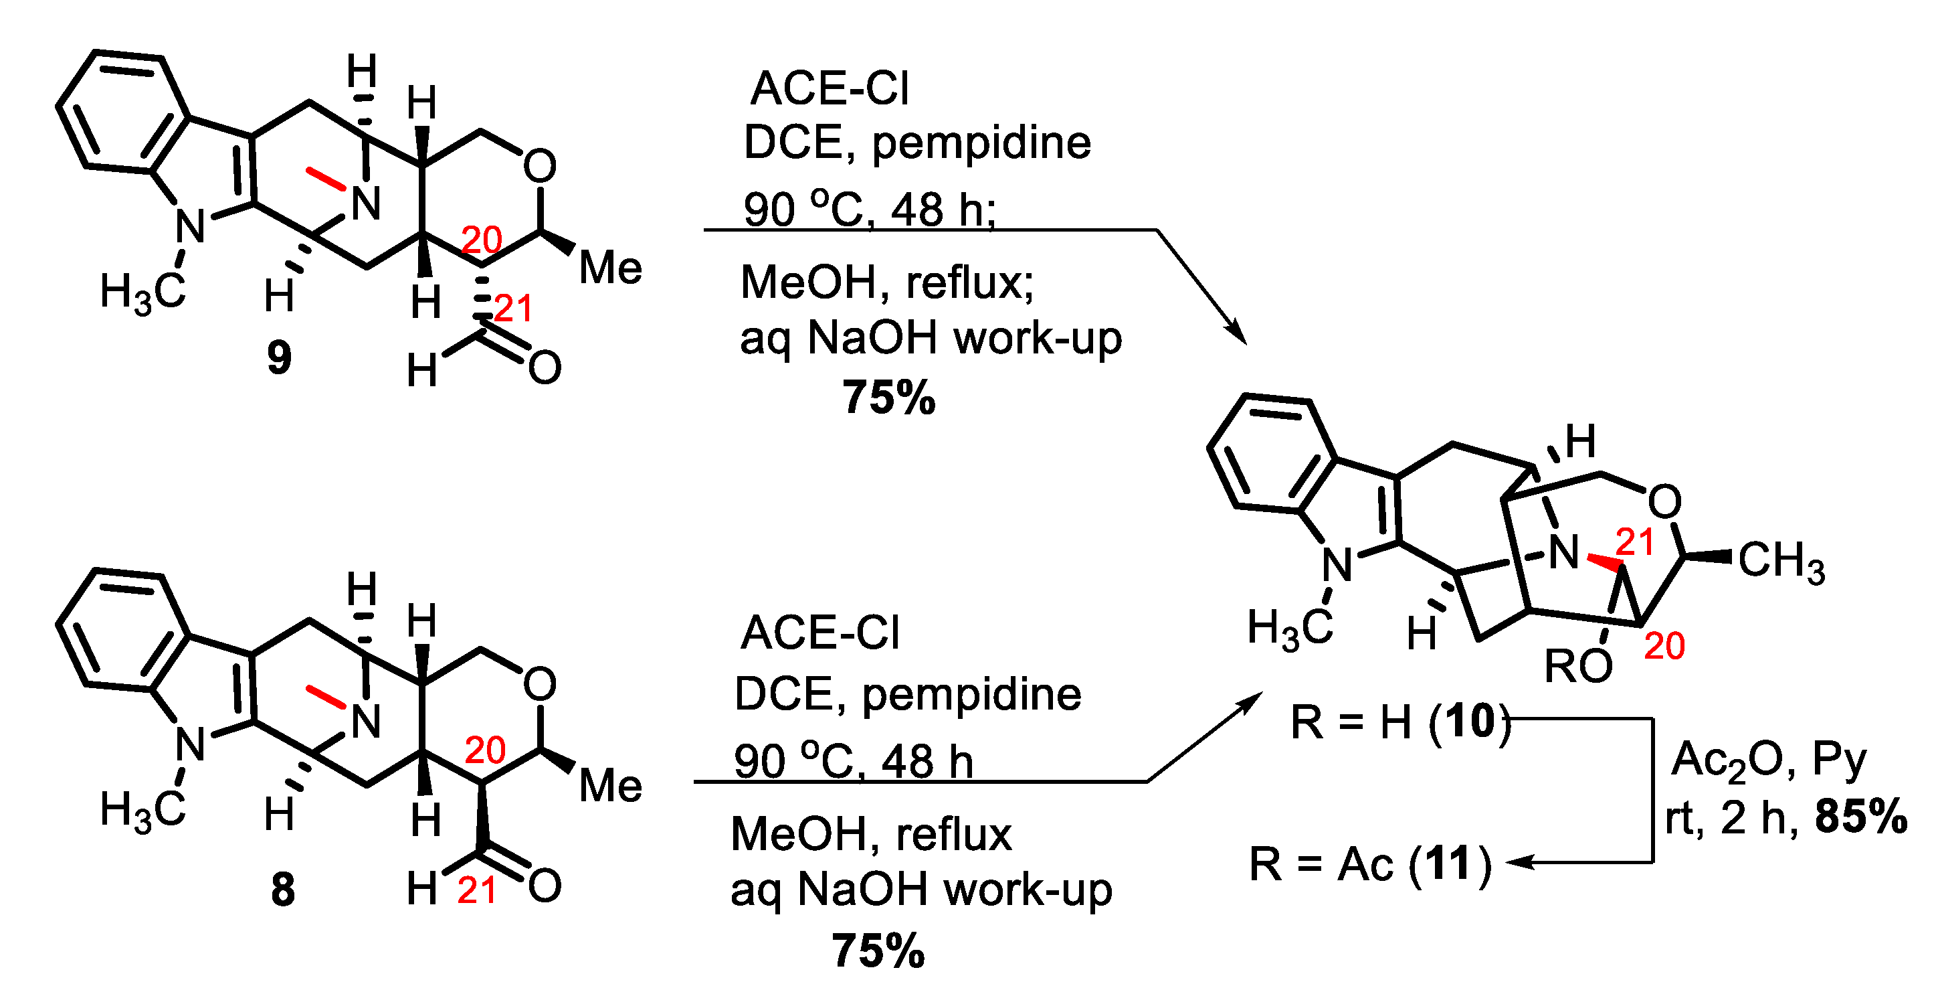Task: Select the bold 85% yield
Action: pyautogui.click(x=1860, y=817)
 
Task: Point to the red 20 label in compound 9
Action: pyautogui.click(x=481, y=240)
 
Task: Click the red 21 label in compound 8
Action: pyautogui.click(x=477, y=892)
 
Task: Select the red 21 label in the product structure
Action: pyautogui.click(x=1635, y=542)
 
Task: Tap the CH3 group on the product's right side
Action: pyautogui.click(x=1781, y=561)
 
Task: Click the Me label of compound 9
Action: pyautogui.click(x=610, y=268)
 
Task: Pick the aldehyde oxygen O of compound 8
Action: pyautogui.click(x=545, y=886)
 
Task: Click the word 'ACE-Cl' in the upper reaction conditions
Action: pyautogui.click(x=830, y=88)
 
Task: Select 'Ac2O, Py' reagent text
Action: pyautogui.click(x=1768, y=760)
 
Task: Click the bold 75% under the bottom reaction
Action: pyautogui.click(x=878, y=951)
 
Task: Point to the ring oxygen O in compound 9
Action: pyautogui.click(x=540, y=166)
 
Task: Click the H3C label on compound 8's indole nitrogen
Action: pyautogui.click(x=142, y=811)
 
